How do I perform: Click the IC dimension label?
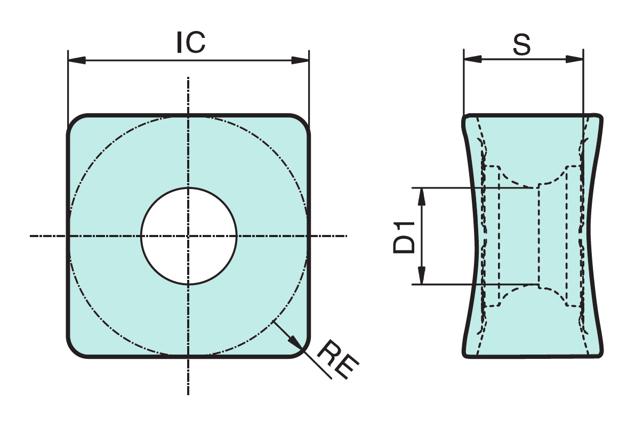click(x=190, y=42)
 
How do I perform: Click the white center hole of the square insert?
click(x=189, y=236)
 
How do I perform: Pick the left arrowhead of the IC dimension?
click(x=77, y=60)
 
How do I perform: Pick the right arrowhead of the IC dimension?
click(x=301, y=60)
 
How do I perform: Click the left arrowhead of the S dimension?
click(x=472, y=59)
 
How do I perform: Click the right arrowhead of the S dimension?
click(x=574, y=59)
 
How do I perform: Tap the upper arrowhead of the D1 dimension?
click(x=421, y=197)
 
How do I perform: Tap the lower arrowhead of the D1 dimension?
click(x=421, y=276)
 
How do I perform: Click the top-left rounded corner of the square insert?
click(x=75, y=122)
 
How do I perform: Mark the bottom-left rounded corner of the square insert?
click(x=75, y=349)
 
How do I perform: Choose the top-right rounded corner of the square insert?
click(x=302, y=122)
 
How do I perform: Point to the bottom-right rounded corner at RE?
click(x=302, y=349)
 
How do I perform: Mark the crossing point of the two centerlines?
click(x=189, y=235)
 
